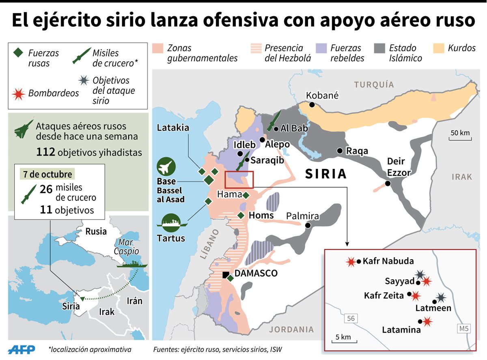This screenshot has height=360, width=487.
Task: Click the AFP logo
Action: [22, 349]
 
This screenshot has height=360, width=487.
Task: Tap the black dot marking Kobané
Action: [312, 105]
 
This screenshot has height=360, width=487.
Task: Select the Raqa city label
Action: [357, 151]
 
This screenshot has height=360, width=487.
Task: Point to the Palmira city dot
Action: [308, 225]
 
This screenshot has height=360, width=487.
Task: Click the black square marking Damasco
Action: [225, 275]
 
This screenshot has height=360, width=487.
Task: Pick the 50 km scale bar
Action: [460, 139]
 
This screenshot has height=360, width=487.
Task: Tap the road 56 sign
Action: [351, 319]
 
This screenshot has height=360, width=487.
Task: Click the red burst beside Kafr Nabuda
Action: [350, 262]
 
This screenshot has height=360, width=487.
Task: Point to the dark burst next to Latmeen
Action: [441, 298]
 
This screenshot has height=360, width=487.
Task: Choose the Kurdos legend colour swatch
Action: [439, 48]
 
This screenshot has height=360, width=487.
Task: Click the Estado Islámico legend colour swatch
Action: [380, 48]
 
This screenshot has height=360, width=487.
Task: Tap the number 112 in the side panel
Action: [45, 153]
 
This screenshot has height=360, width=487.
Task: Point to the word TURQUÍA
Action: [374, 84]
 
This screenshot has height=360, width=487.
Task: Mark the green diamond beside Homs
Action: [241, 216]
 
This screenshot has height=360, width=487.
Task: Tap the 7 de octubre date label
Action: [48, 175]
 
